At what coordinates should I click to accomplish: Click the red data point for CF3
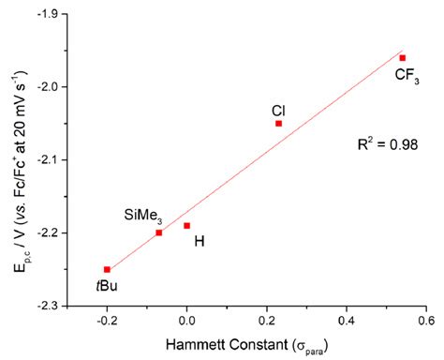coord(402,58)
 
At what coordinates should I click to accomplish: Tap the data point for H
coord(186,225)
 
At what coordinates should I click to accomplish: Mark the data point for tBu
coord(107,269)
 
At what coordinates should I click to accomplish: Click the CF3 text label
coord(407,77)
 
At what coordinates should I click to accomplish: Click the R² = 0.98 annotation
coord(386,144)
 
